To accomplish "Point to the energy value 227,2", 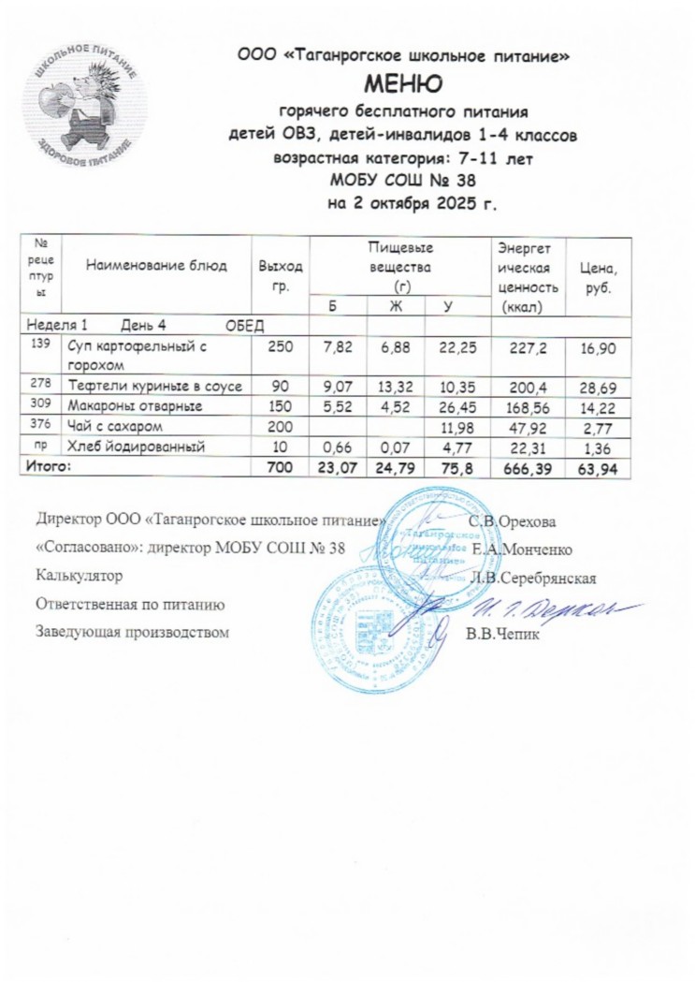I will coord(528,349).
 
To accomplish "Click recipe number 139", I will coord(40,344).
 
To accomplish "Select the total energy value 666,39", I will coord(528,466).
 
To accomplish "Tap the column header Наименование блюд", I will coord(156,265).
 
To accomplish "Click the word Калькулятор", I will coord(77,576).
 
